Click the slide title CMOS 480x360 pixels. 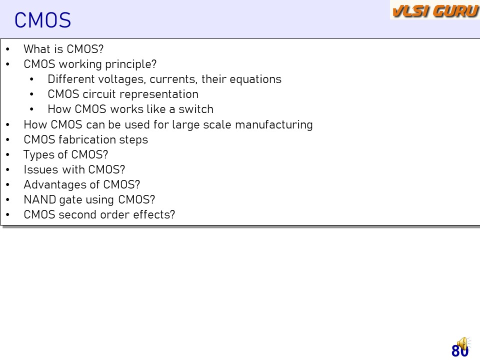[42, 20]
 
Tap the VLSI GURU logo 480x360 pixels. [435, 10]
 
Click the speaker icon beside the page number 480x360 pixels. [463, 344]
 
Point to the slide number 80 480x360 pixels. [460, 351]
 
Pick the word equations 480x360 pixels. [255, 79]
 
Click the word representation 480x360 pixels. [153, 94]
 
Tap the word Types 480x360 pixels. [40, 155]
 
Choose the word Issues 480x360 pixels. [40, 169]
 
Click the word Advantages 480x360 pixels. [55, 185]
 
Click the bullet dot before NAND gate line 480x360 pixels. [7, 200]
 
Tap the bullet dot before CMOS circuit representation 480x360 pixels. [31, 94]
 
